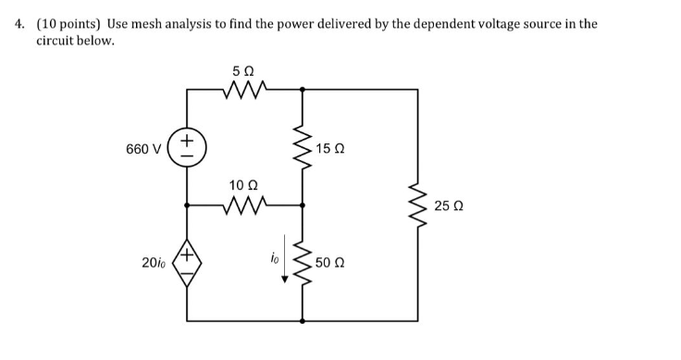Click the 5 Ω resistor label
(x=245, y=70)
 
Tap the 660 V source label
(x=143, y=148)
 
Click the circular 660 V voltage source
(x=187, y=148)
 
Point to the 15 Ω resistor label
(x=330, y=148)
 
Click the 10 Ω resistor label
(x=244, y=186)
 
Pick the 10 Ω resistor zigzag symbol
(x=245, y=205)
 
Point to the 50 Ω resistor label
(x=330, y=263)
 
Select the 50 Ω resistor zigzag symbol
(x=302, y=263)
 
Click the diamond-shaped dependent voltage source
(x=187, y=263)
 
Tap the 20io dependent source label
(x=153, y=263)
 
